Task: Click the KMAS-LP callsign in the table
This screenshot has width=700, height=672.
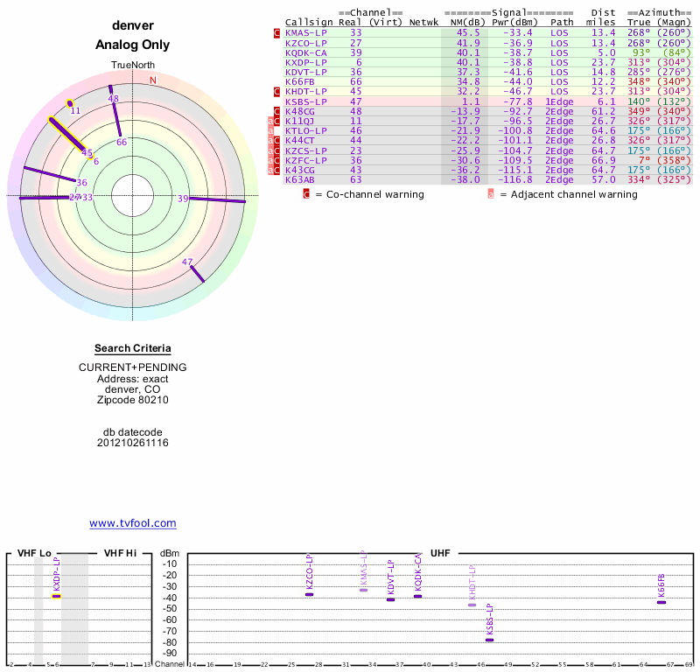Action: (305, 32)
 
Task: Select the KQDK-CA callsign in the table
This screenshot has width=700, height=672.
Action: (305, 52)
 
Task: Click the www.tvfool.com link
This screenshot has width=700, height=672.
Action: (133, 523)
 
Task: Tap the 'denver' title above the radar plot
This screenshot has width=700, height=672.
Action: (133, 25)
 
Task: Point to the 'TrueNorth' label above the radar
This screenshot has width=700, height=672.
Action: (133, 66)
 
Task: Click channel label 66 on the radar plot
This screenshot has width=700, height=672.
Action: (122, 142)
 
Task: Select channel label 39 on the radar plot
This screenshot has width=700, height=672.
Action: (183, 199)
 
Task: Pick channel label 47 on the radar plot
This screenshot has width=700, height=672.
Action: (187, 262)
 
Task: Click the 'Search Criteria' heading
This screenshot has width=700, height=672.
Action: (133, 348)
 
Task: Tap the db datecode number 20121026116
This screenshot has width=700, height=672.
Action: (133, 443)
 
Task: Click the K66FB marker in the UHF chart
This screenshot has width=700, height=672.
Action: (661, 602)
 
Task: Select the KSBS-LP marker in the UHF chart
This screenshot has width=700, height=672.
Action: (489, 640)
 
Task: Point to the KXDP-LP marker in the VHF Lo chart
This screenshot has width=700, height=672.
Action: (56, 596)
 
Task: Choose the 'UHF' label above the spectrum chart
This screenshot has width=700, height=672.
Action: (440, 554)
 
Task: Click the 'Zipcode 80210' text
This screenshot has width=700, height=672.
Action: (133, 400)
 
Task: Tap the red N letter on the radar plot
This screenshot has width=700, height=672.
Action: (153, 80)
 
